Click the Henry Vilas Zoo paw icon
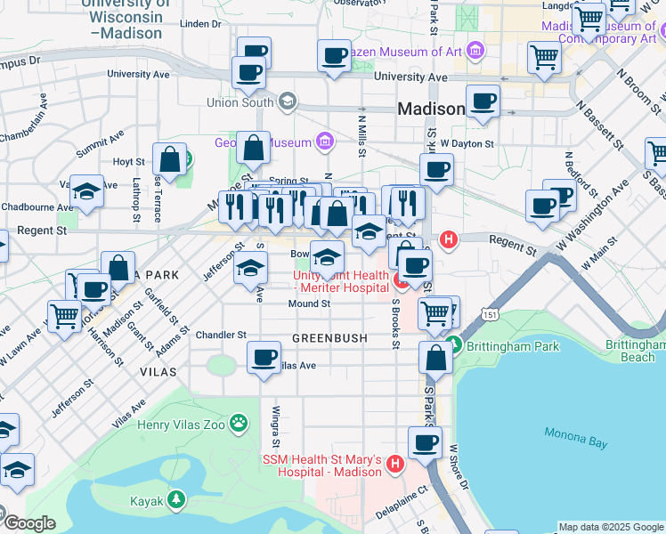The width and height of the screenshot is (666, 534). tap(238, 423)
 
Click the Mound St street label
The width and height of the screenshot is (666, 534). tap(309, 303)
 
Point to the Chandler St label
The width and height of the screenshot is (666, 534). tap(221, 335)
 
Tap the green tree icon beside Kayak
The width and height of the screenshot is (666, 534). tap(178, 501)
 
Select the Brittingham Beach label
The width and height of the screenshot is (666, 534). tap(636, 351)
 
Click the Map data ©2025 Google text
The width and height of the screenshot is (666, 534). tap(611, 527)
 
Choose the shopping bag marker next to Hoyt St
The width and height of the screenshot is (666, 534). tap(168, 160)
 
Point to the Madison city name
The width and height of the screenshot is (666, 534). tap(431, 109)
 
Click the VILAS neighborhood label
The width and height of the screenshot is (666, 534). tap(158, 371)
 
